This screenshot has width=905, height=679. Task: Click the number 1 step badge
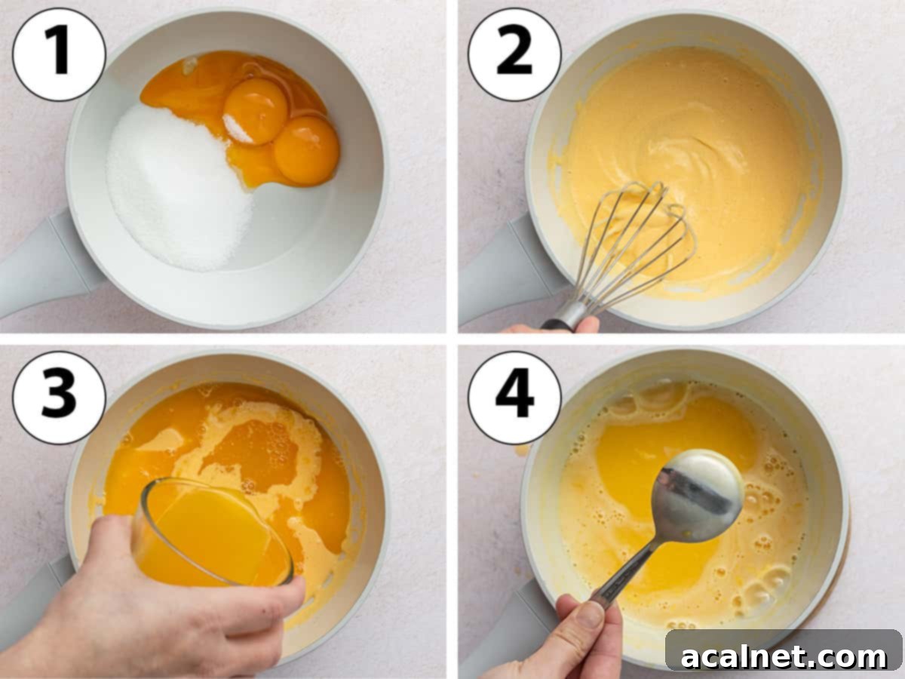click(x=59, y=54)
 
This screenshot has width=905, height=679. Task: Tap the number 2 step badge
click(x=514, y=54)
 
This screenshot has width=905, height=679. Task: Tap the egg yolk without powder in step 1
click(x=306, y=150)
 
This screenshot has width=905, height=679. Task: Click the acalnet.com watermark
click(x=784, y=656)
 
